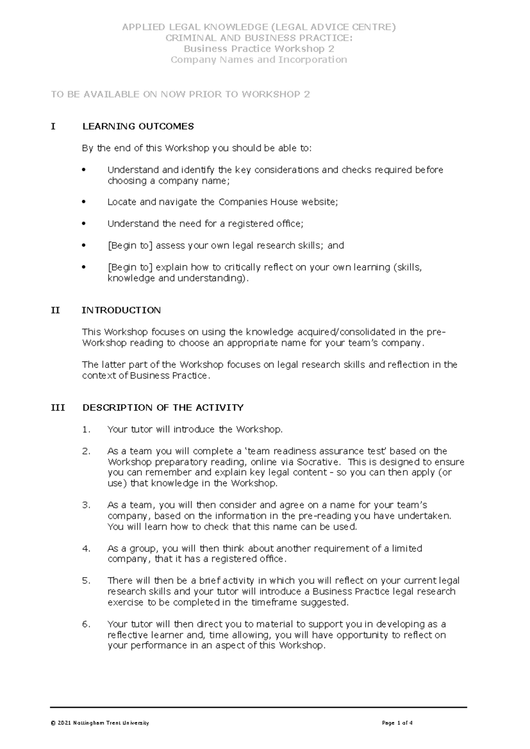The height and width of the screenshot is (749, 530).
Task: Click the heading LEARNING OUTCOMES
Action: click(x=138, y=127)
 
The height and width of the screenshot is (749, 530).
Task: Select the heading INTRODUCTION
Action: click(x=121, y=310)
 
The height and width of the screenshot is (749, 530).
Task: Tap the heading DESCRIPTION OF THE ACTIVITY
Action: click(x=163, y=408)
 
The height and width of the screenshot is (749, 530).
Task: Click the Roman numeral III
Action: click(x=58, y=408)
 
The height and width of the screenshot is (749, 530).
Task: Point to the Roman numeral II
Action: click(x=55, y=310)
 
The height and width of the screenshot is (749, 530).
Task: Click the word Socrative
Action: click(x=318, y=462)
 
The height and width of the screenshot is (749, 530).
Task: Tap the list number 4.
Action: click(x=86, y=549)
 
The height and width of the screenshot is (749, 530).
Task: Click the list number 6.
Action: click(x=86, y=624)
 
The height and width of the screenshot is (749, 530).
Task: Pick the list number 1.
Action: click(x=86, y=430)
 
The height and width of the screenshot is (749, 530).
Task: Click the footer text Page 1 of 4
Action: click(x=397, y=723)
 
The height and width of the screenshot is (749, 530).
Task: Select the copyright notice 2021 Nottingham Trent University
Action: click(x=100, y=723)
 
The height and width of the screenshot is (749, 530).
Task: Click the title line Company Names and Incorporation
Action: click(x=259, y=60)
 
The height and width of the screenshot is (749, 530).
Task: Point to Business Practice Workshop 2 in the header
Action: click(x=259, y=49)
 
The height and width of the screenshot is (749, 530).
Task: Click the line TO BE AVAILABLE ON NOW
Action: click(x=180, y=95)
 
